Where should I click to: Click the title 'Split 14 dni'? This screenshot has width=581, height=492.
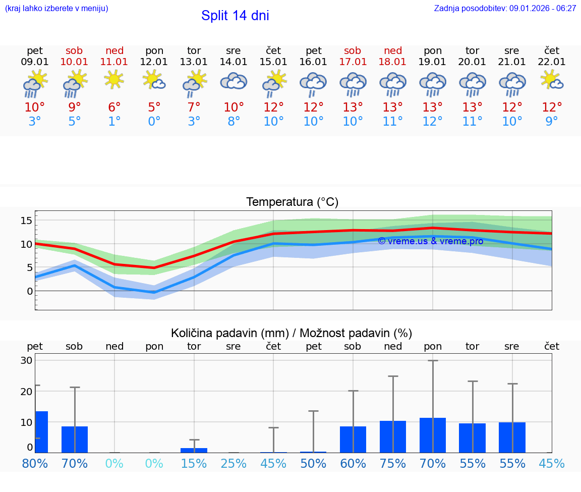click(x=235, y=16)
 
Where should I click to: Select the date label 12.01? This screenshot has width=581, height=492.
click(x=154, y=62)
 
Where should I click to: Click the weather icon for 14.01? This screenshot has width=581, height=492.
click(x=234, y=82)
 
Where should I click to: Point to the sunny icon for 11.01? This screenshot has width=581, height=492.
click(x=114, y=79)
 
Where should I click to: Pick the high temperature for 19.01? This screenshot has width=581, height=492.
click(x=432, y=107)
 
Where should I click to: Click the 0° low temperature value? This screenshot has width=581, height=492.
click(x=154, y=122)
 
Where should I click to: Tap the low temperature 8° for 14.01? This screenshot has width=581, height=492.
click(x=234, y=122)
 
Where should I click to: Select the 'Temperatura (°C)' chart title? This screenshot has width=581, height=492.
click(x=292, y=202)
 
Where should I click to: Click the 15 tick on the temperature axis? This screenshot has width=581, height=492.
click(x=27, y=220)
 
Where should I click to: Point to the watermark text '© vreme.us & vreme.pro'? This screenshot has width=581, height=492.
click(x=431, y=241)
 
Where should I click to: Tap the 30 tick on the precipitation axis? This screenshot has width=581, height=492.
click(x=27, y=360)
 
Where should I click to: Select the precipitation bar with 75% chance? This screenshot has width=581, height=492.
click(x=393, y=436)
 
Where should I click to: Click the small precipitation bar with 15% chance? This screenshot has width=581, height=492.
click(x=194, y=450)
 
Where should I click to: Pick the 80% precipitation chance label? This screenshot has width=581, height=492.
click(x=35, y=464)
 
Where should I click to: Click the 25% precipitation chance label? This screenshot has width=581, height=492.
click(x=234, y=464)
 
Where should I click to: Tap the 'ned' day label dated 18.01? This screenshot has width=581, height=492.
click(x=393, y=50)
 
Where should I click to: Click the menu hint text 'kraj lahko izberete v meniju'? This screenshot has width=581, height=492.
click(x=56, y=8)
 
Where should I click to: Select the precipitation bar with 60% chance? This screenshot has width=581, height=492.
click(x=353, y=439)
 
